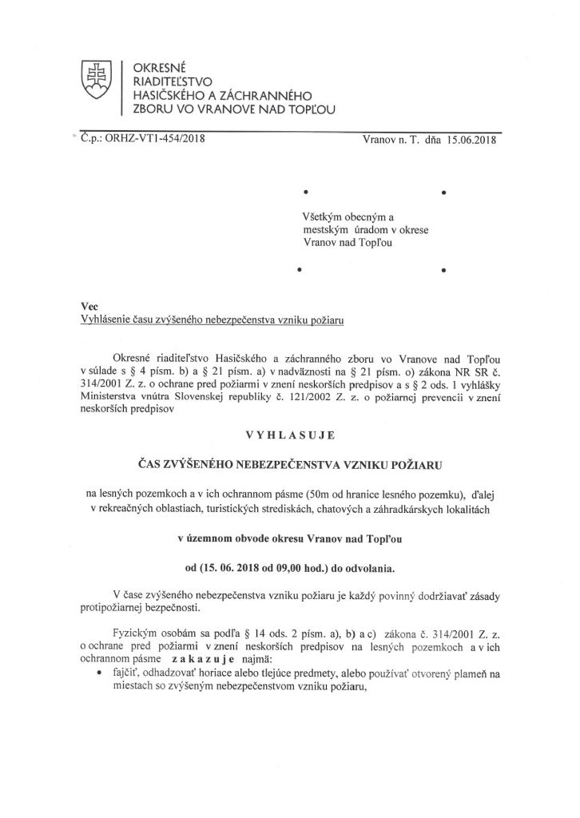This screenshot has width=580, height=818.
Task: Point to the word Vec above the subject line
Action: click(89, 307)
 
